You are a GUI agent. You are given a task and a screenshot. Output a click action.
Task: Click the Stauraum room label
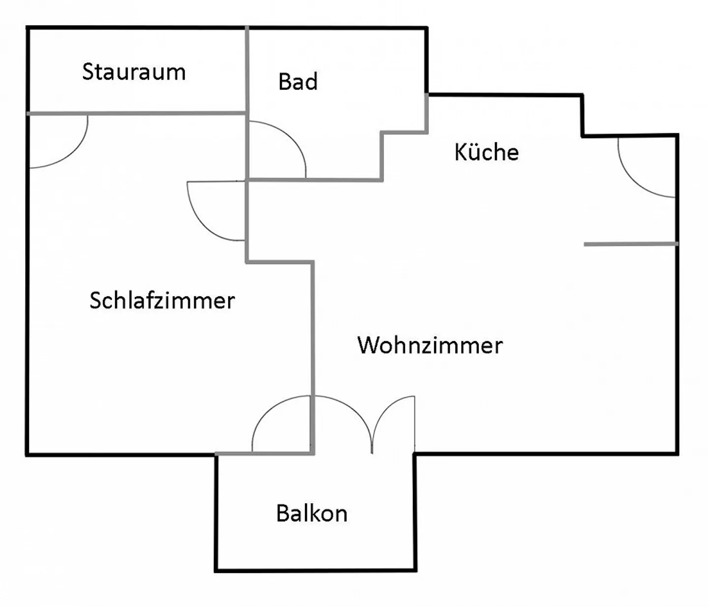click(134, 72)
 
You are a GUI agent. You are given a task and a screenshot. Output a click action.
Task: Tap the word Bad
click(298, 82)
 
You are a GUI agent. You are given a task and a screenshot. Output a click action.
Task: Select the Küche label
click(486, 152)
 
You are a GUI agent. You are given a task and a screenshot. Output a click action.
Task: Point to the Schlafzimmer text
click(162, 301)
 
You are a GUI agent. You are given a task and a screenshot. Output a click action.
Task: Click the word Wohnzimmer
click(430, 345)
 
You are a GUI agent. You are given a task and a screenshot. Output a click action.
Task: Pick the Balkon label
click(312, 514)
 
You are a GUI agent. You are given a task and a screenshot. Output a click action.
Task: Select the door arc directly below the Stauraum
click(74, 152)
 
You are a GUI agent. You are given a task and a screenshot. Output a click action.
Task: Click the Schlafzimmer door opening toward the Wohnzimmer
click(202, 221)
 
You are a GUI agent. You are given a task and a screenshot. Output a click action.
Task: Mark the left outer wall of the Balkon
click(216, 513)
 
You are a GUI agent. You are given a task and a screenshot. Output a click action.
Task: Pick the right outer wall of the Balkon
click(415, 513)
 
